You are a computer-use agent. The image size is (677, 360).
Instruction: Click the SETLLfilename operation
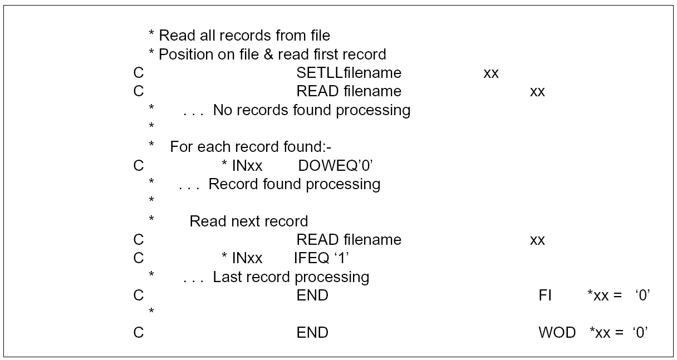point(349,73)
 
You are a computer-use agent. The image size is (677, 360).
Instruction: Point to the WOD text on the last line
point(557,333)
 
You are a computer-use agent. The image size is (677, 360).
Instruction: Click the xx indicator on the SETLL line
point(490,73)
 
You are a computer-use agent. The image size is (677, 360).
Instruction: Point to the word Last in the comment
point(225,277)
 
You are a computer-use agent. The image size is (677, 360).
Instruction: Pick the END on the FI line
point(312,295)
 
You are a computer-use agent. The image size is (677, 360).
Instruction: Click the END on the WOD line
point(312,333)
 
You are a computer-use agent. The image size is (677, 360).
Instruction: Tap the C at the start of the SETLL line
point(139,73)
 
